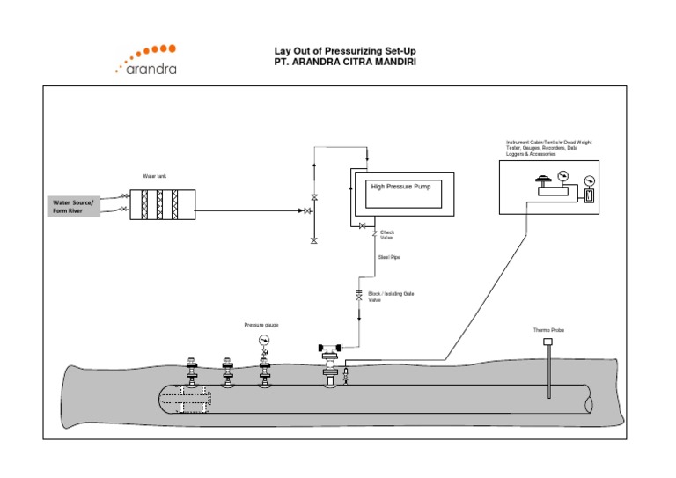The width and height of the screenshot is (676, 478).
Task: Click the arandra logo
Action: tap(145, 59)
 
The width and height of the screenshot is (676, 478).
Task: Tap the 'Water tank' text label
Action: tap(155, 176)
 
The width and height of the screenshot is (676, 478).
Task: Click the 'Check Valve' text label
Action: tap(387, 235)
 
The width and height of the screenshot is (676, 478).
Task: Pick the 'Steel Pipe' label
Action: tap(389, 257)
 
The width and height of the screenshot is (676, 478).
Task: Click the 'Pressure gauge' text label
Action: tap(261, 325)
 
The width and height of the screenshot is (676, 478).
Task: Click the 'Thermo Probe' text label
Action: tap(548, 330)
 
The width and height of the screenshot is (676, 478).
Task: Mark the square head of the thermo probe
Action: tap(548, 342)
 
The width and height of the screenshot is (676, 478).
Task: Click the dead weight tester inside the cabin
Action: tap(547, 188)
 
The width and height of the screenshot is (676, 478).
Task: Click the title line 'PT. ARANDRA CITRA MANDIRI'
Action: tap(344, 62)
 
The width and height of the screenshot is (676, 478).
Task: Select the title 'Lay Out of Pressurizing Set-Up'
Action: tap(344, 50)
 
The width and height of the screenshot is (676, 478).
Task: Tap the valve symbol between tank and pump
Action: tap(308, 211)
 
